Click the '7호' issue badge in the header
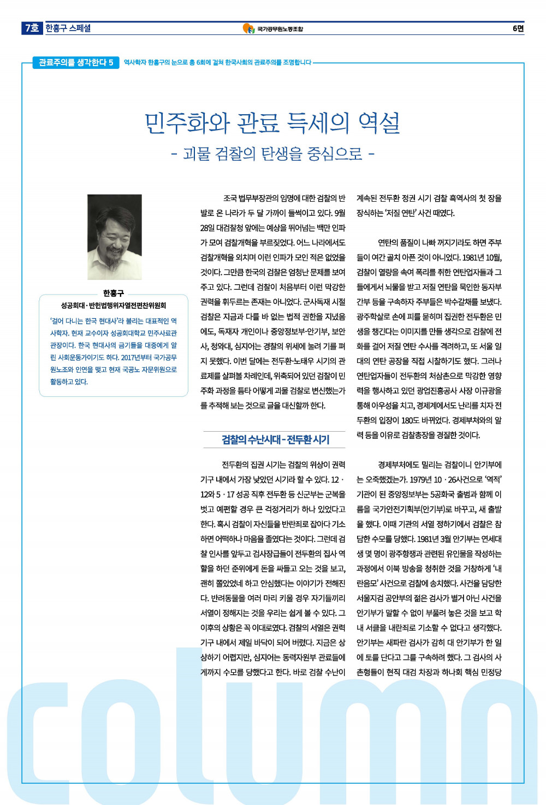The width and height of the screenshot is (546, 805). [32, 28]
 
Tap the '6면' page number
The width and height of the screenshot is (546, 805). [518, 28]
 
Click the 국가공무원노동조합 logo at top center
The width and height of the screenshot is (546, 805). [272, 28]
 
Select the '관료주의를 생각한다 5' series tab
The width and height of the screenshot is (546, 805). [76, 62]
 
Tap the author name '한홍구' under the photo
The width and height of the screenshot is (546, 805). [114, 293]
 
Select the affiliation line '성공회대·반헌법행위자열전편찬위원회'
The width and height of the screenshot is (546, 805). [114, 305]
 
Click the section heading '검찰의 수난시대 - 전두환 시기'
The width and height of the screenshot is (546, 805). [275, 439]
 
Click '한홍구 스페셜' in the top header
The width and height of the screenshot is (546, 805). [68, 28]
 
